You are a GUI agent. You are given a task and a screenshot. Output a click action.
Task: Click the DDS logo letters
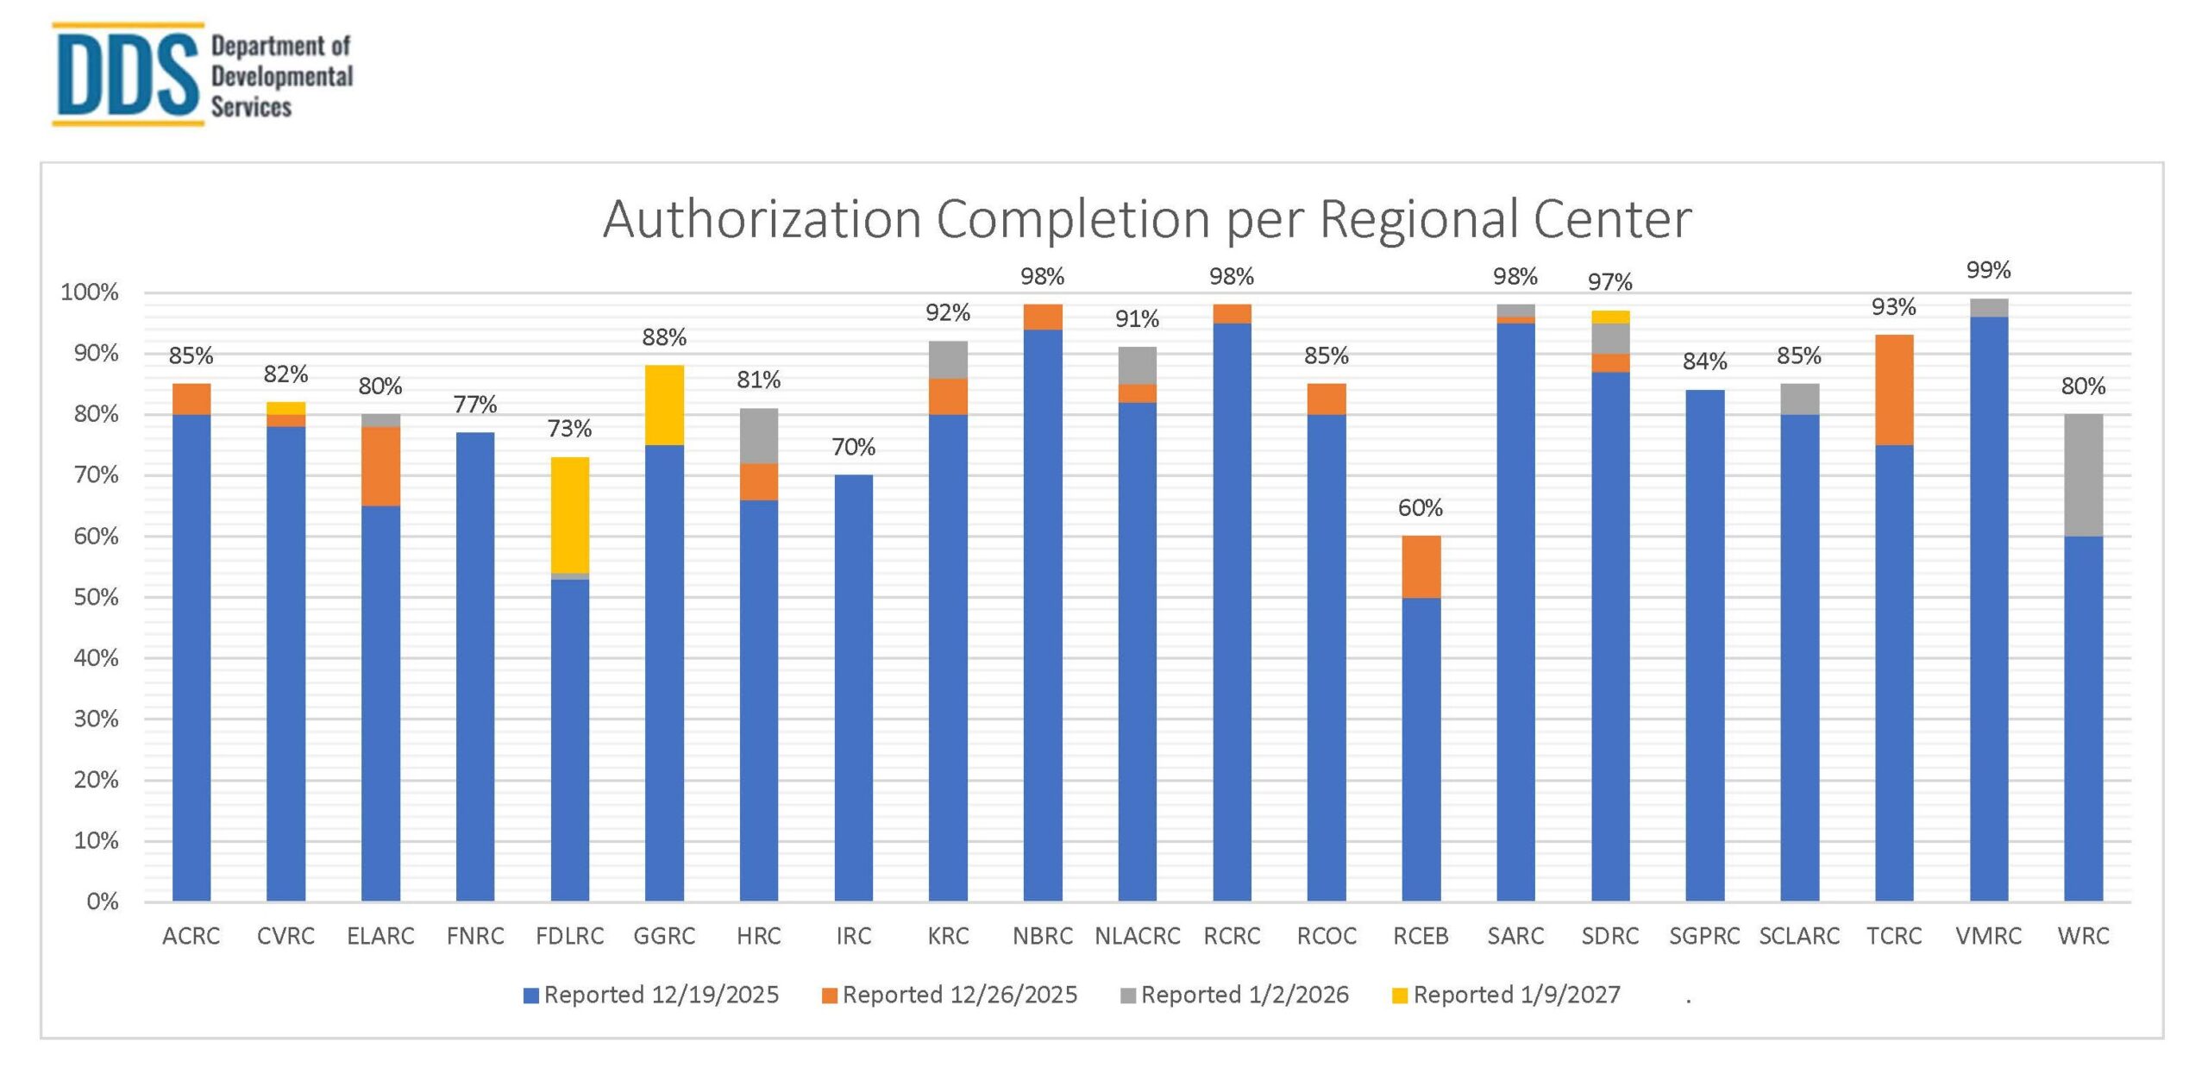point(127,75)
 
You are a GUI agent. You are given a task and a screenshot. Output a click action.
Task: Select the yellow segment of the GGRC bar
point(664,405)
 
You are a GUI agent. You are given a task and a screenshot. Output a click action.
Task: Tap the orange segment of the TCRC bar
point(1893,390)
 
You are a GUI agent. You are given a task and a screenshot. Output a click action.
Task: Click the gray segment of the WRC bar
point(2082,475)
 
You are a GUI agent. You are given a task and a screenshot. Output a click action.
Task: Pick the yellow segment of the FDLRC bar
point(569,515)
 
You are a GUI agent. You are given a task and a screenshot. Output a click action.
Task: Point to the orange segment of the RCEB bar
point(1421,567)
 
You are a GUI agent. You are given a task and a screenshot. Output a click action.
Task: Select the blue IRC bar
point(853,688)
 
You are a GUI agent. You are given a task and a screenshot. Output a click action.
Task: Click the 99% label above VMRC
point(1987,270)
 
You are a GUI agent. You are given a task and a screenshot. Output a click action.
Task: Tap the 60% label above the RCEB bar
point(1420,508)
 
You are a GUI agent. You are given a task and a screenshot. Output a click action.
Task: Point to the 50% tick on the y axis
point(96,598)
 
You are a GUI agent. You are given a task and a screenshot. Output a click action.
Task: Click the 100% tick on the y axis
point(90,292)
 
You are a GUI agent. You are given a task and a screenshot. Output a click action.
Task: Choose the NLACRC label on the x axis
point(1137,936)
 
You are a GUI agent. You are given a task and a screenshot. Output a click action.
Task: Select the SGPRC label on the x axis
point(1704,936)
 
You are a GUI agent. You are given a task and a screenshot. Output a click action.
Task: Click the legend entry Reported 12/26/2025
point(959,995)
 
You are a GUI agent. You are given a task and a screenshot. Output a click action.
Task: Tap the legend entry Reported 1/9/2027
point(1515,995)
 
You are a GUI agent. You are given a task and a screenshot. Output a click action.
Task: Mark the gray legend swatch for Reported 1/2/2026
point(1127,996)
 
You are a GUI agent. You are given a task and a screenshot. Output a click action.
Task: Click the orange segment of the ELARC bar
point(380,466)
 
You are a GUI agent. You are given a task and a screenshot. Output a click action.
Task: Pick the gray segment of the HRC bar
point(758,436)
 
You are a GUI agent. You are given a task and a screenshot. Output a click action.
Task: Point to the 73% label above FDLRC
point(569,429)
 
